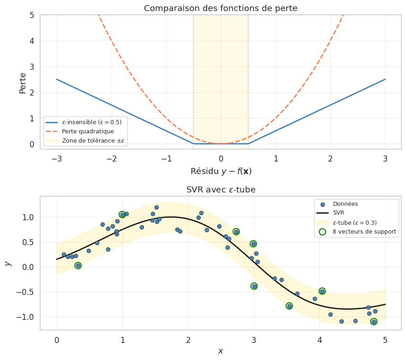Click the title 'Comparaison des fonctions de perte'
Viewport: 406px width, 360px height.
[x=221, y=8]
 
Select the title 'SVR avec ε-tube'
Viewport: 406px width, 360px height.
[x=221, y=190]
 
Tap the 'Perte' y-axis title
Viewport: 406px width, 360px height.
[x=23, y=83]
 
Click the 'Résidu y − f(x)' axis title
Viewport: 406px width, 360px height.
[x=221, y=171]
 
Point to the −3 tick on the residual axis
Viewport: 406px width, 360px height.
[x=57, y=159]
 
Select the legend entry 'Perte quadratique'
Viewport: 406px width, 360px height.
[x=88, y=132]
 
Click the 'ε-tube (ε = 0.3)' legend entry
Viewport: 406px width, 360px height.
[x=355, y=222]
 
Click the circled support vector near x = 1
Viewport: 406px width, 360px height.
[x=122, y=215]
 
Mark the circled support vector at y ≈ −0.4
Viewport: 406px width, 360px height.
[x=254, y=286]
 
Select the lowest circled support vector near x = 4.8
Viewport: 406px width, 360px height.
[x=374, y=322]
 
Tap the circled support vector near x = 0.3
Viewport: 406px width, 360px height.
[x=78, y=265]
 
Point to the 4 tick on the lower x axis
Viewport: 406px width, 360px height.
[x=319, y=340]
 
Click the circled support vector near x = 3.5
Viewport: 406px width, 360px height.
[x=289, y=306]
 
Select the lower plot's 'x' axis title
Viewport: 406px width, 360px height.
[x=221, y=351]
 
